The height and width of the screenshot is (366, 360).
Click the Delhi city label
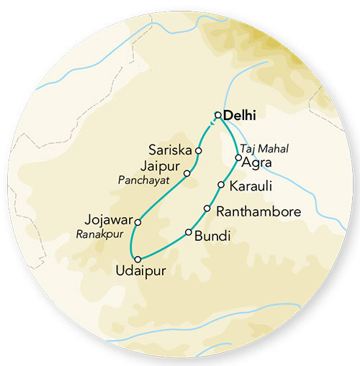[240, 114]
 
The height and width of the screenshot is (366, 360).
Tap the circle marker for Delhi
[218, 114]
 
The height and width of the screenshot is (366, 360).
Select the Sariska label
[171, 151]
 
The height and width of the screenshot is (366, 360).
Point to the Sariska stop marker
[199, 151]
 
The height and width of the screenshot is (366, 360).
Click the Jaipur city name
[160, 167]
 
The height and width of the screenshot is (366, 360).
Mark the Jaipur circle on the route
[186, 173]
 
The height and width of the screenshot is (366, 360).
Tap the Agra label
[257, 163]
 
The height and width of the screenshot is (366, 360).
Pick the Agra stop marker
[238, 157]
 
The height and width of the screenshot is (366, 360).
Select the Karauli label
[249, 186]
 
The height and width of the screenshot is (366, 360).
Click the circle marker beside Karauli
[221, 186]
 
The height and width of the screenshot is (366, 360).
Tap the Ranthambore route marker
[207, 209]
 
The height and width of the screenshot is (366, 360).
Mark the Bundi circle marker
[189, 232]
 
